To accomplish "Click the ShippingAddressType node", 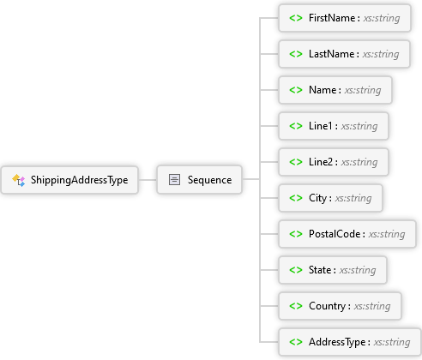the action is (x=69, y=180).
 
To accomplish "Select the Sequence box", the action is (x=199, y=180).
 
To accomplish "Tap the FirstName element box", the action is (x=345, y=18).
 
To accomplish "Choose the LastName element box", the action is (x=344, y=54).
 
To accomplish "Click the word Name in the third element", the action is (x=323, y=90).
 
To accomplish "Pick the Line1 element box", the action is (x=334, y=126).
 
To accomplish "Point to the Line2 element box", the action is (x=334, y=162).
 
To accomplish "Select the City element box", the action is (x=330, y=198).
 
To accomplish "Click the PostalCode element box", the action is (x=347, y=234).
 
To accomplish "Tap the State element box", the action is (x=333, y=270).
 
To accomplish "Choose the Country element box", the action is (x=340, y=306).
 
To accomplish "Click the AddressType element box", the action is (x=350, y=342).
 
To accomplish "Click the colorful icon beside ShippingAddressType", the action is (x=19, y=180).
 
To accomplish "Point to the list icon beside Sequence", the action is (x=174, y=180).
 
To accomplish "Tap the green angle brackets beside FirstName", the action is (x=296, y=18).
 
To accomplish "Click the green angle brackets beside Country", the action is (x=296, y=306).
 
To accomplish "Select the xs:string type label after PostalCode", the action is (x=387, y=234).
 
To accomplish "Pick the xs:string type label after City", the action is (x=353, y=198).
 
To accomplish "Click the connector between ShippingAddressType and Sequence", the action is (x=148, y=180).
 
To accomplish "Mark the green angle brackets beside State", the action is (x=296, y=270).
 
